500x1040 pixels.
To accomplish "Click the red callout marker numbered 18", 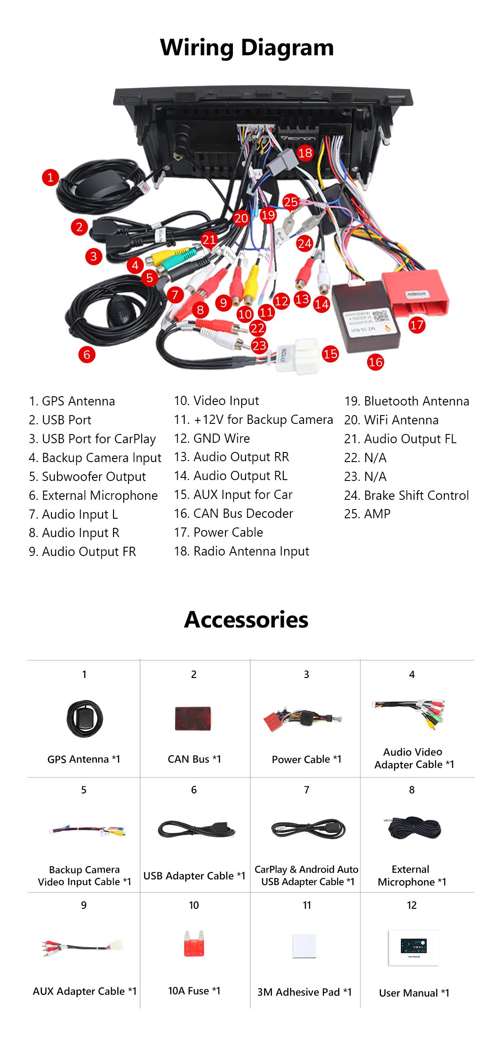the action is coord(305,153).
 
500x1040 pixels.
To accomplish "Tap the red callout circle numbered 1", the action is coord(50,177).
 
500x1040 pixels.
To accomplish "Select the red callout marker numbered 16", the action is coord(375,362).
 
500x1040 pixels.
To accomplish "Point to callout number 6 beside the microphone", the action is coord(87,355).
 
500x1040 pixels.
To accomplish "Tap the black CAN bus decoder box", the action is coord(366,317).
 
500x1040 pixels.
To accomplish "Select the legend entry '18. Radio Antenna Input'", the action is coord(242,552).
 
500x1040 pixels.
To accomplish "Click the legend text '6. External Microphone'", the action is coord(93,495).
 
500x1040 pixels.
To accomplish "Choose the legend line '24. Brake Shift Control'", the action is coord(407,495).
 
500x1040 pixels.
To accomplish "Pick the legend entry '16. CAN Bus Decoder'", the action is coord(234,513).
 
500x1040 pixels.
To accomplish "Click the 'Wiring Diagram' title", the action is coord(247,47).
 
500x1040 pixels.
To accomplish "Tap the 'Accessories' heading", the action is coord(246,620).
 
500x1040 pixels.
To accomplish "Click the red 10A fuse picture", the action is coord(194,943).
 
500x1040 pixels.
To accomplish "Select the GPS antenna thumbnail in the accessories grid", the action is coord(85,719).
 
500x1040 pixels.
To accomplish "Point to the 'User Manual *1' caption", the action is coord(414,993).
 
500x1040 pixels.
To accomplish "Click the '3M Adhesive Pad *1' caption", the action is coord(304,992).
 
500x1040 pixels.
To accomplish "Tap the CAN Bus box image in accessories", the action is coord(193,718).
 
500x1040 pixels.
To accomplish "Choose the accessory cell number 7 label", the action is coord(307,790).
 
